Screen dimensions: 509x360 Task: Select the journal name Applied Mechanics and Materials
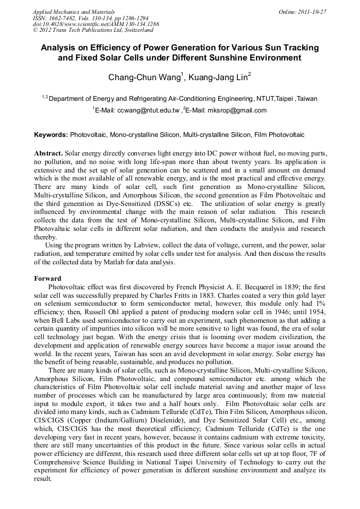[74, 12]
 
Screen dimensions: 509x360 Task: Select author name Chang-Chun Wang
[146, 77]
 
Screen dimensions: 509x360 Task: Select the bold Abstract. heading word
[48, 152]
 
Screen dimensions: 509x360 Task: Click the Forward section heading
[48, 279]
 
